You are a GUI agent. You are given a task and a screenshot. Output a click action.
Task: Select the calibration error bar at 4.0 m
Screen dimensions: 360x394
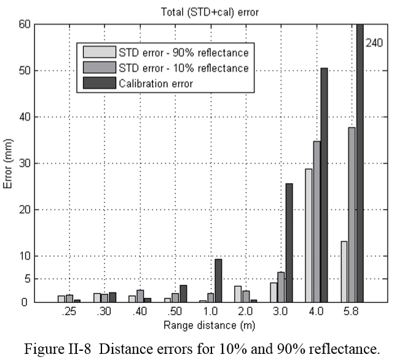point(324,184)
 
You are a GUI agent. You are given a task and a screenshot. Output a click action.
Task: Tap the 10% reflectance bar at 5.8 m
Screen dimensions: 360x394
point(352,214)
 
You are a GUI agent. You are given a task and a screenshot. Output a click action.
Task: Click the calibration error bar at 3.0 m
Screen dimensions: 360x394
point(289,243)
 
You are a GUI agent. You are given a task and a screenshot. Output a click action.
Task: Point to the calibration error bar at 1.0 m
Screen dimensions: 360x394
point(218,280)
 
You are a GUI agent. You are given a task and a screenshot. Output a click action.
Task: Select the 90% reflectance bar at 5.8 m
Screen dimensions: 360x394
point(344,271)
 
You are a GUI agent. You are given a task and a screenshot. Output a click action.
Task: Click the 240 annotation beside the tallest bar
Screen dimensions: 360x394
point(374,43)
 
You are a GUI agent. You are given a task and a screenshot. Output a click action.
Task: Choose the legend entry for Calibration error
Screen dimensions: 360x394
point(159,84)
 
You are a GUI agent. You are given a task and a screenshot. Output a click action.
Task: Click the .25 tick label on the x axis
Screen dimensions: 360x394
point(69,312)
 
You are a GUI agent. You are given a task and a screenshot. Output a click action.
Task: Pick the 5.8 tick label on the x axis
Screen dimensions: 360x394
point(352,312)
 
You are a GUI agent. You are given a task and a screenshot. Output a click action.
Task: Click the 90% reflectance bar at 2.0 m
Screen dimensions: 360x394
point(238,294)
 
